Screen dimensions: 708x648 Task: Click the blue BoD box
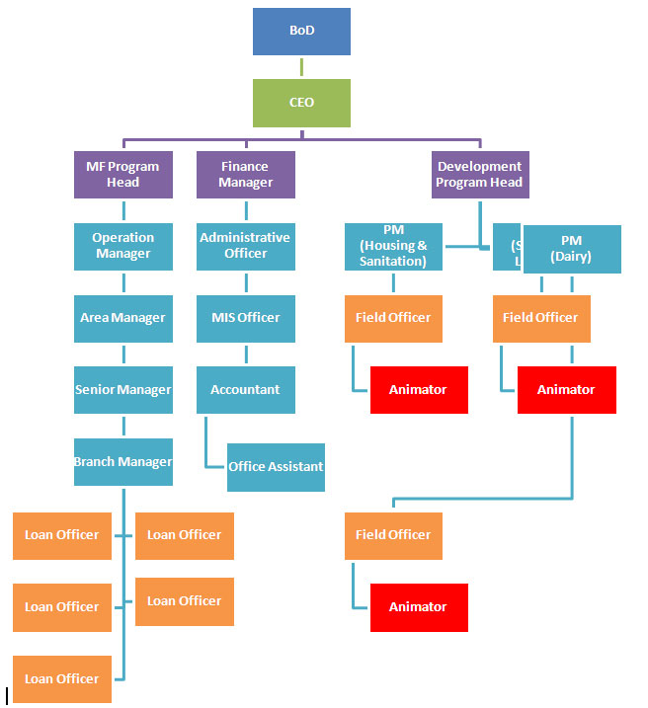point(301,32)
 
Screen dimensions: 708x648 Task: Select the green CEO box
point(301,103)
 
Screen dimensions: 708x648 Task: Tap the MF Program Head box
point(122,175)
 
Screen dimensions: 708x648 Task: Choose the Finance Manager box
point(245,175)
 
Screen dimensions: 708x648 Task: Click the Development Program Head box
point(479,175)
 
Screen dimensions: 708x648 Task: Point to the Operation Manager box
point(122,246)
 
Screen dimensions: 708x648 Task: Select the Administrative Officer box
point(245,246)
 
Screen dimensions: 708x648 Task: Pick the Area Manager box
point(122,318)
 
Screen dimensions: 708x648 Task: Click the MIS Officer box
point(245,318)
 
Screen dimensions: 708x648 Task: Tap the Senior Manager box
point(122,390)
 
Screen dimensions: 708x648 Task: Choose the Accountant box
point(245,390)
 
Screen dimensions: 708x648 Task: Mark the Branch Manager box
point(122,462)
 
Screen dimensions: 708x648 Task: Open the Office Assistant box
point(276,467)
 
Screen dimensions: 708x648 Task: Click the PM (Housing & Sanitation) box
point(393,247)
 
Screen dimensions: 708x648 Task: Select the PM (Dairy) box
point(572,249)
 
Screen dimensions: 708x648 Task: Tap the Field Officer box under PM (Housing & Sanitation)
point(393,318)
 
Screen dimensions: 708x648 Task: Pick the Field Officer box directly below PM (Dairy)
point(541,318)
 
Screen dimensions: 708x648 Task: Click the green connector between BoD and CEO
point(301,67)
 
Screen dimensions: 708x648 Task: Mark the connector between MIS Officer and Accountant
point(245,354)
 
